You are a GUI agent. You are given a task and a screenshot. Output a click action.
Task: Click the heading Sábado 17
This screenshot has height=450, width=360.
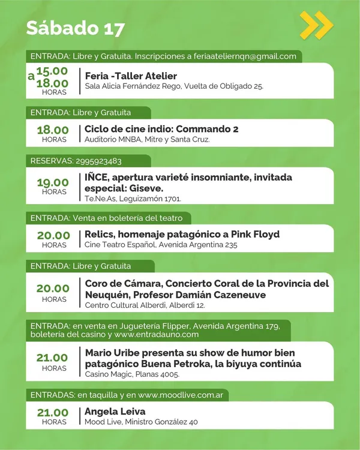pos(76,28)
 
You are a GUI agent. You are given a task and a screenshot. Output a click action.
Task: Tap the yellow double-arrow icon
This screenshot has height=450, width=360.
pos(316,25)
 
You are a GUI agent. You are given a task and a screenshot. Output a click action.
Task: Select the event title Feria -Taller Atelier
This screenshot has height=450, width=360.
pos(131,76)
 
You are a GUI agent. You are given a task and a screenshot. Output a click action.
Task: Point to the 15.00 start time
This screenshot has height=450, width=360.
pos(52,71)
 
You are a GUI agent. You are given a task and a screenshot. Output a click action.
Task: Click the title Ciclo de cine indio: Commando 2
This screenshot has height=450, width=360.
pos(161,129)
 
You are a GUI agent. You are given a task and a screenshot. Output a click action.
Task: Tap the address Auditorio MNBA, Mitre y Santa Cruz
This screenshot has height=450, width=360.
pos(147,140)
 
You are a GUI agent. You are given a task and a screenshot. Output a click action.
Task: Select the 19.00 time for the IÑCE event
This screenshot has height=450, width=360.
pos(53,182)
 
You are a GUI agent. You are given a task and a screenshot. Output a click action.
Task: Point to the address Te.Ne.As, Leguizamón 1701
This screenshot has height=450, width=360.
pos(133,199)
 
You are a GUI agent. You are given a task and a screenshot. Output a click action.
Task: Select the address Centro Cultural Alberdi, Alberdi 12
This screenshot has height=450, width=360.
pos(145,305)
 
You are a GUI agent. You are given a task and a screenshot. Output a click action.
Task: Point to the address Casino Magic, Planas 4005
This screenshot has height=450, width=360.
pos(132,374)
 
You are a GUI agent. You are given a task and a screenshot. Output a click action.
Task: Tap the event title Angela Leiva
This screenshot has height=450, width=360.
pos(115,412)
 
